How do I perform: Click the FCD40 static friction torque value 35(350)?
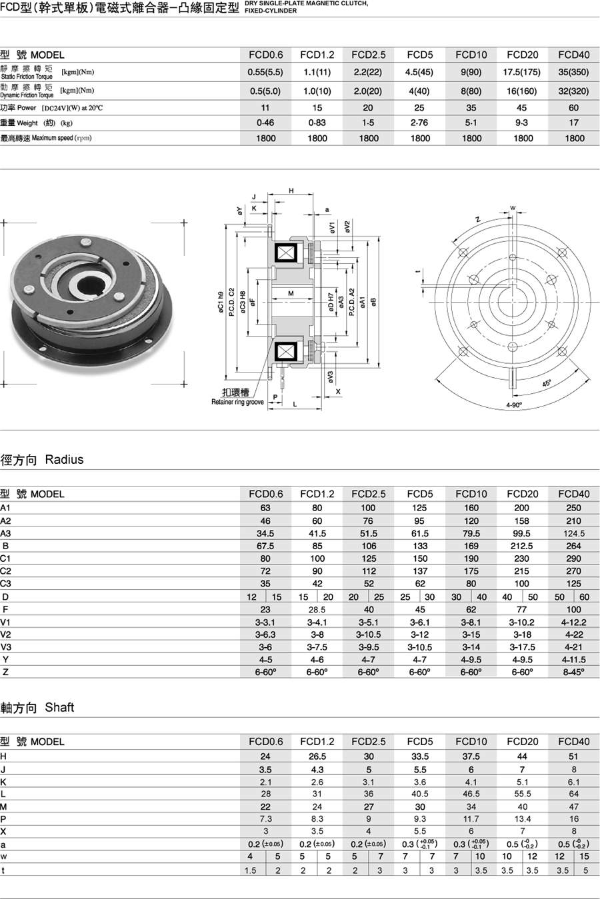(x=573, y=72)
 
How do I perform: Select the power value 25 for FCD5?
(x=419, y=107)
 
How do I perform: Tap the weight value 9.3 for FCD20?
(x=522, y=123)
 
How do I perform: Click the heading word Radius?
(x=64, y=459)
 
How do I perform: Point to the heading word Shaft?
(x=59, y=707)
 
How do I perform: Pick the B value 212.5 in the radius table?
(x=522, y=546)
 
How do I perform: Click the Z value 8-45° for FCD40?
(x=573, y=672)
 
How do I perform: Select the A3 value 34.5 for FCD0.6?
(x=265, y=533)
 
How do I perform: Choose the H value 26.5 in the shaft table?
(x=317, y=756)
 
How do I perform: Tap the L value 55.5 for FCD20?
(x=522, y=794)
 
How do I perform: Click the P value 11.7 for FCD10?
(x=471, y=818)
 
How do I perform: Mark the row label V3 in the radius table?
(x=6, y=646)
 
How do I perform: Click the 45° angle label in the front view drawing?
(x=547, y=383)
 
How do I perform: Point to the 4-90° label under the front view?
(x=514, y=405)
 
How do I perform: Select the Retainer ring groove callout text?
(x=237, y=402)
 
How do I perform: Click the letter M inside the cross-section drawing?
(x=291, y=293)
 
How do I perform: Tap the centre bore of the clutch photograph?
(x=88, y=287)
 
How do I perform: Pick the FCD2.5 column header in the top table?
(x=368, y=55)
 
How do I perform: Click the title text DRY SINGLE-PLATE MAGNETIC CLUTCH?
(x=306, y=3)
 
